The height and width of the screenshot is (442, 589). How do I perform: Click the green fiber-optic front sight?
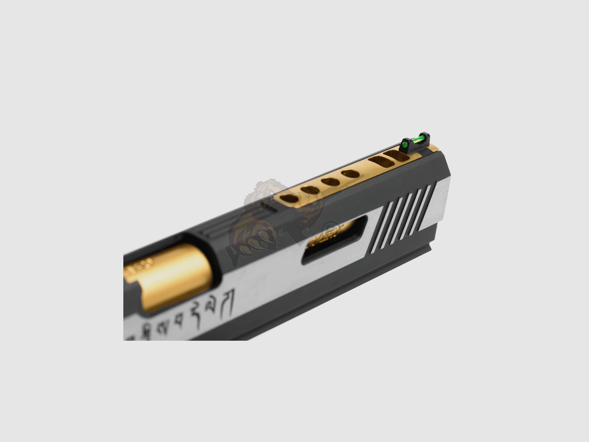pyautogui.click(x=415, y=141)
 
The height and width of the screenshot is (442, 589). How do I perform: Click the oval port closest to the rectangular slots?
pyautogui.click(x=350, y=174)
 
